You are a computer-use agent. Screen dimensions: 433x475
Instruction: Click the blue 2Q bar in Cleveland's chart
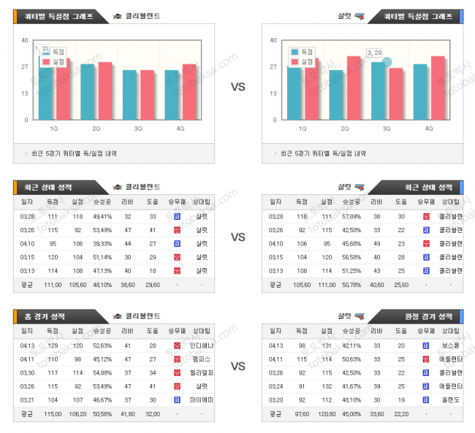88,92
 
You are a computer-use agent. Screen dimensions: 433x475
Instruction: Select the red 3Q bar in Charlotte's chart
395,94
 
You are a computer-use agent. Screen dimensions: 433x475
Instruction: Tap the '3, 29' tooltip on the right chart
376,53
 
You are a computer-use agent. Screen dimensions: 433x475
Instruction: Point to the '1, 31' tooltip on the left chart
42,48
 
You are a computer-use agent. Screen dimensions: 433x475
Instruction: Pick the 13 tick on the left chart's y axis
25,93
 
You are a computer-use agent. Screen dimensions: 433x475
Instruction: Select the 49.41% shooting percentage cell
102,216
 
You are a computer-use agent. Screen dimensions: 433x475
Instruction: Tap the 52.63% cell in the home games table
102,345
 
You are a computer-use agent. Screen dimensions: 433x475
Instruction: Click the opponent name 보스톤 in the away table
450,345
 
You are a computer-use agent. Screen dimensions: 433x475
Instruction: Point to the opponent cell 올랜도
450,400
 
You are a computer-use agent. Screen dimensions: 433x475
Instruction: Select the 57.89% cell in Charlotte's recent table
351,216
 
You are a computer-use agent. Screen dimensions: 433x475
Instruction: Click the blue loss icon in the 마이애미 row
177,400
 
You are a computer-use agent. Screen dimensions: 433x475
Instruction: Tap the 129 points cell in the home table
53,345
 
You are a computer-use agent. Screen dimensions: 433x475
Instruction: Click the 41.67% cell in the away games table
351,386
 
